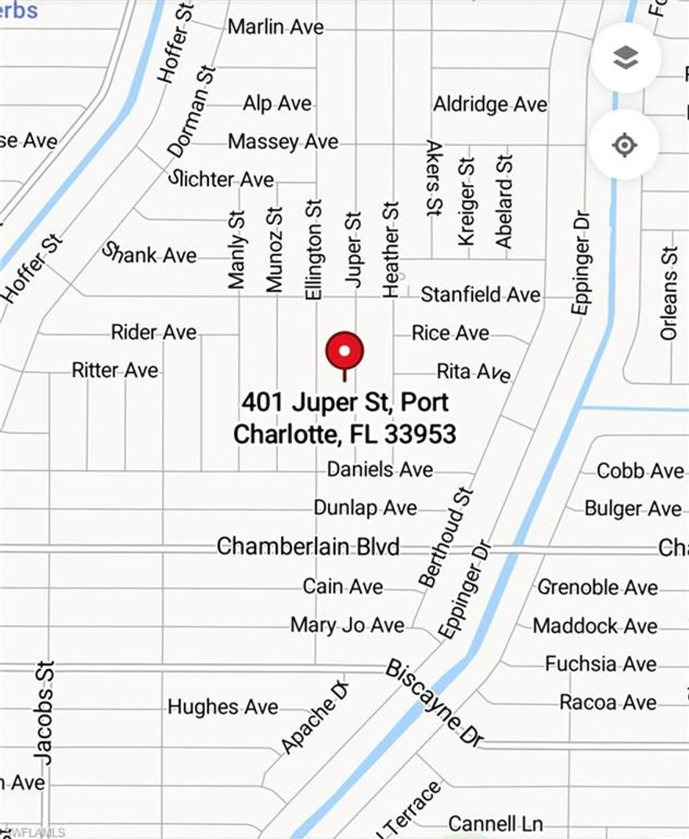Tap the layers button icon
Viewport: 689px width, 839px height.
(x=625, y=57)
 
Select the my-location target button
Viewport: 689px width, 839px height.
(x=624, y=145)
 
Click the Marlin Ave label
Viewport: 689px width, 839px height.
(x=276, y=27)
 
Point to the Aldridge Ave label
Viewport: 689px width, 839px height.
(x=490, y=104)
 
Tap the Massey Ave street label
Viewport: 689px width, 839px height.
(x=283, y=142)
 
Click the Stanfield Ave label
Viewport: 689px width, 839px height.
(x=480, y=295)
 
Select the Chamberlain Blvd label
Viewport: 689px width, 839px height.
(x=308, y=546)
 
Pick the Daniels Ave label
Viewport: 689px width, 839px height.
(x=380, y=469)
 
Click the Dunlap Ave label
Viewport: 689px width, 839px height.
(x=365, y=508)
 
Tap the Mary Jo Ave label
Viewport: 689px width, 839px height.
(x=347, y=624)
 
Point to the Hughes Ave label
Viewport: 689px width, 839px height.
(x=222, y=707)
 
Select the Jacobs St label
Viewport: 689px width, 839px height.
(x=44, y=713)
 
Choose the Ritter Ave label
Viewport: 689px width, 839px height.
(x=115, y=370)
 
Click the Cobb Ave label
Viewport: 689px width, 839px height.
(x=640, y=470)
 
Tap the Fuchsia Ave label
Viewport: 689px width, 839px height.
(x=601, y=664)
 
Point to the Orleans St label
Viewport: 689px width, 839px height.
(x=668, y=294)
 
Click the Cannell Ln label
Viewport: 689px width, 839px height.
(x=495, y=823)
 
